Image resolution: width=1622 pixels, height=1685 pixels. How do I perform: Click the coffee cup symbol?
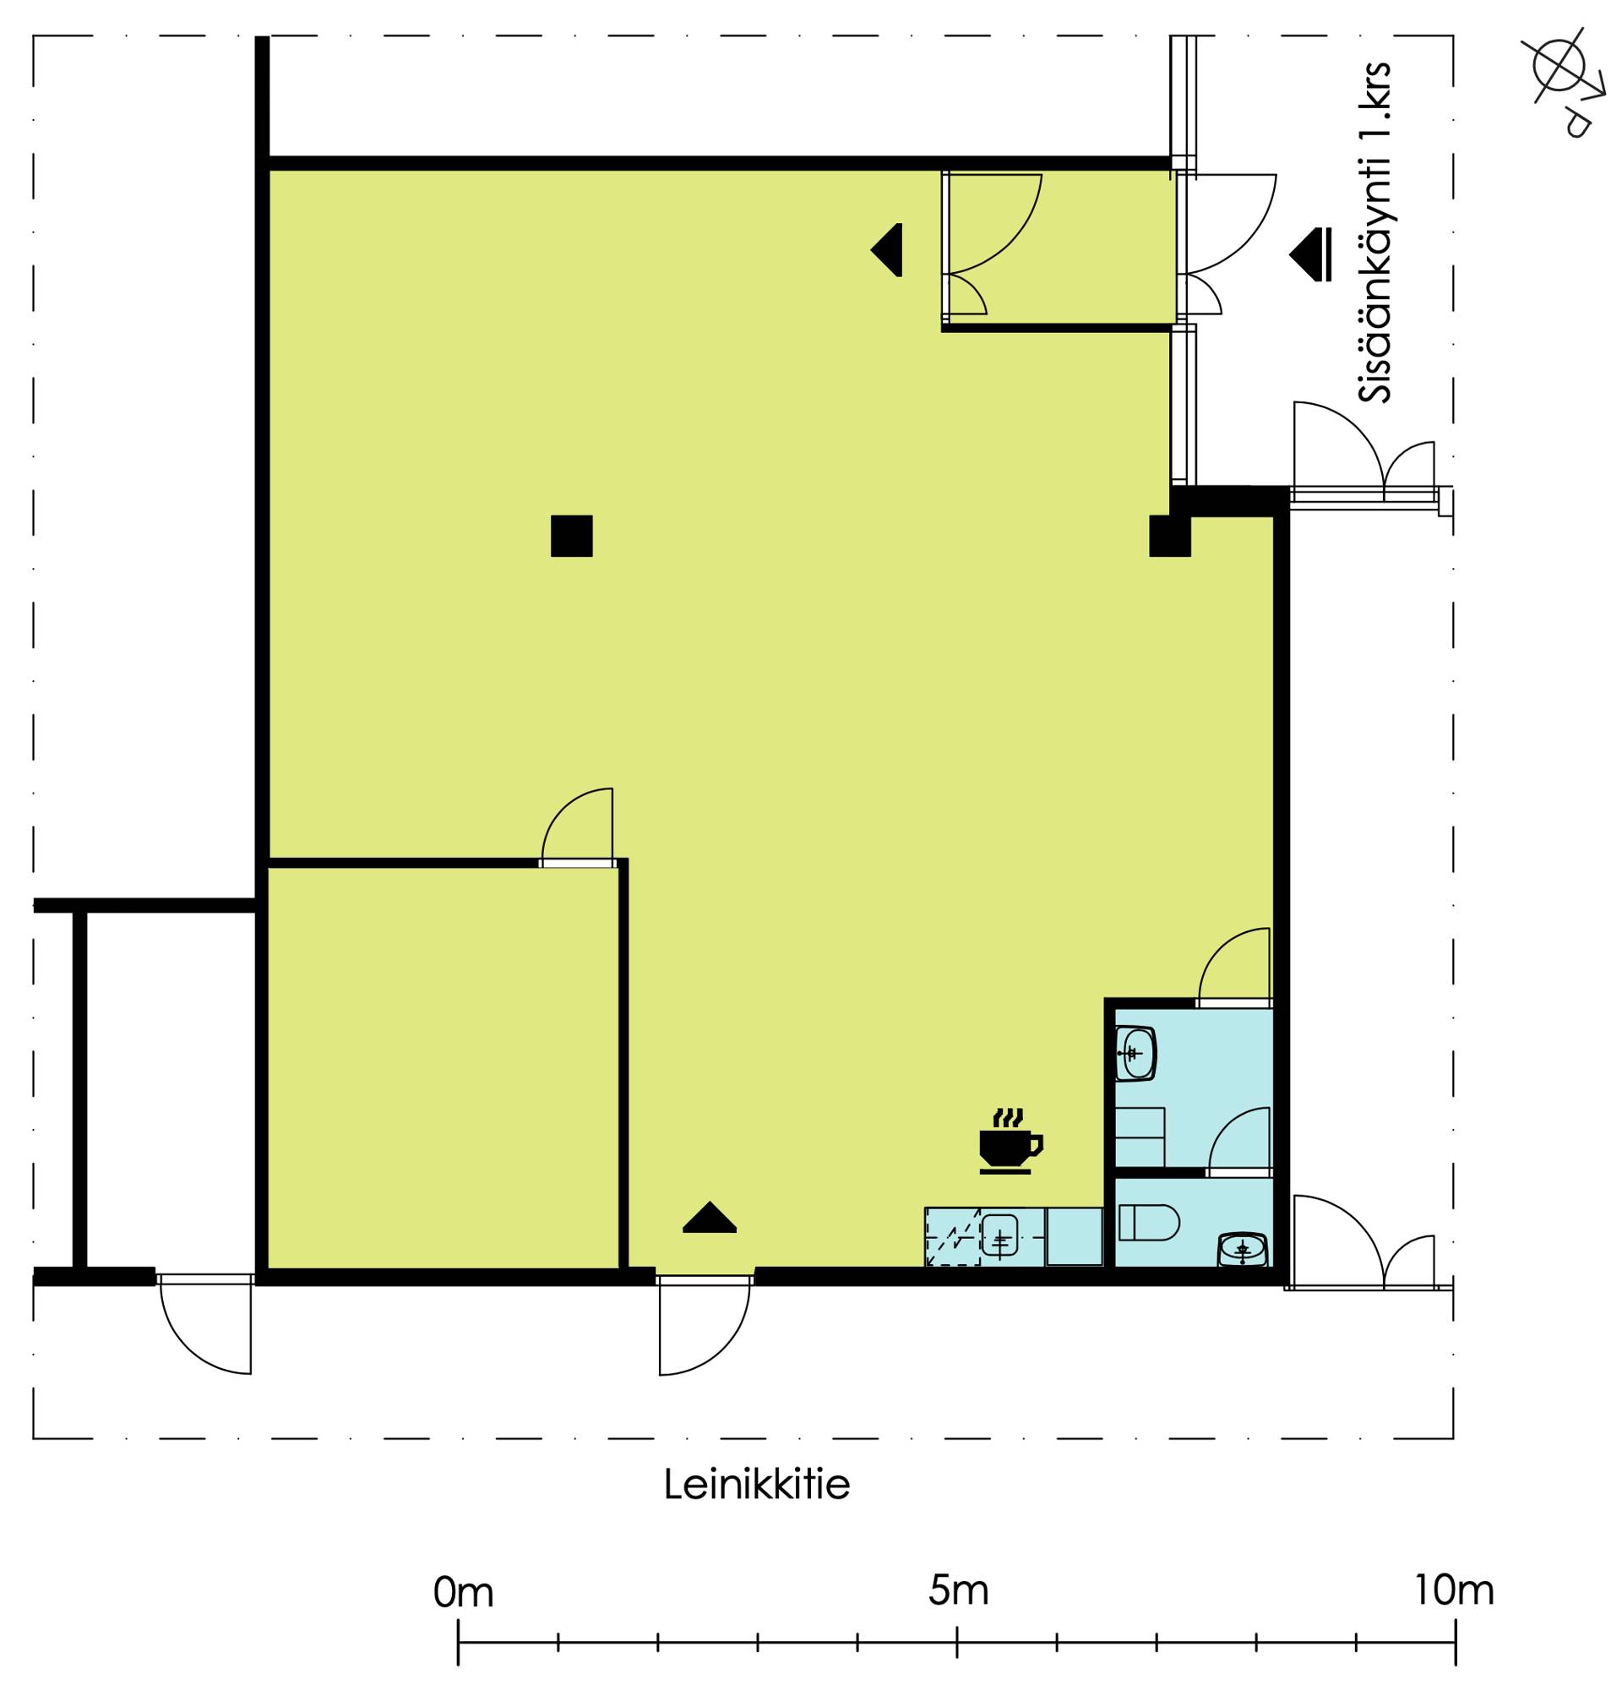1010,1139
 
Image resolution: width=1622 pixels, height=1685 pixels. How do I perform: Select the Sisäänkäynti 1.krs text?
1374,233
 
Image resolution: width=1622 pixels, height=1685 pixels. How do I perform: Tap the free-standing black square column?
572,536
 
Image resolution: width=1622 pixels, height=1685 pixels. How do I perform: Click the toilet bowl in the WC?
1148,1222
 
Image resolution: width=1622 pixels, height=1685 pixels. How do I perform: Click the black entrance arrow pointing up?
709,1218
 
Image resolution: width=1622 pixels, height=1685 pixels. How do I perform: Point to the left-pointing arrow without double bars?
886,250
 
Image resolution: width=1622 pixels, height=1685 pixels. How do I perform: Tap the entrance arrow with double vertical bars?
1310,254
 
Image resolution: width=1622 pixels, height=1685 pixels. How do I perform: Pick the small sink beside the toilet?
1243,1249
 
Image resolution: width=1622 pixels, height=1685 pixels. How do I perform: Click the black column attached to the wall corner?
1170,536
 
